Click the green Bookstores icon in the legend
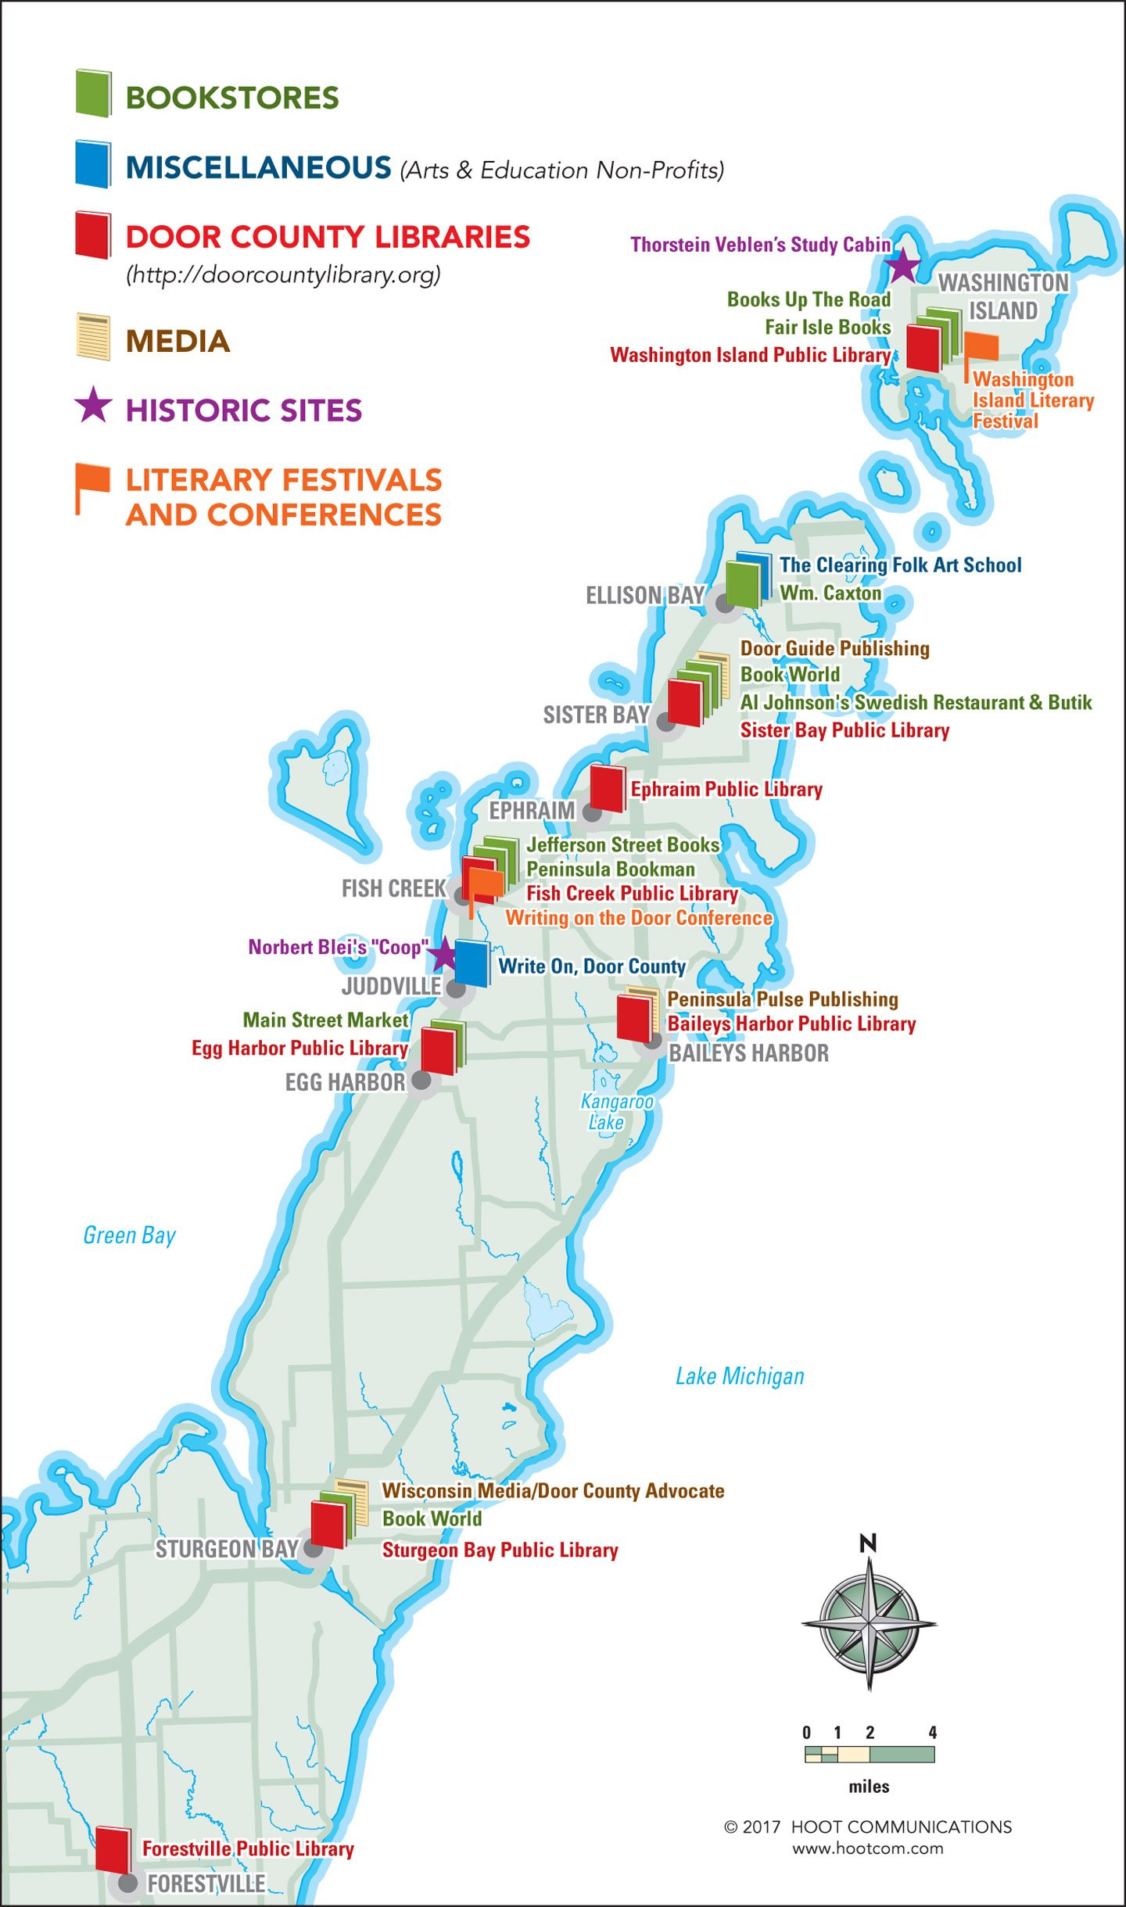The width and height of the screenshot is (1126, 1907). (93, 94)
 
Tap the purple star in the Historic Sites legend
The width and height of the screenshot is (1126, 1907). (93, 405)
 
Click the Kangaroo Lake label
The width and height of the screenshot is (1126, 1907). (616, 1111)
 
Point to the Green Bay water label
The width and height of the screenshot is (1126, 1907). (129, 1235)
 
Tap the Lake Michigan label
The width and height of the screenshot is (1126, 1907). (739, 1376)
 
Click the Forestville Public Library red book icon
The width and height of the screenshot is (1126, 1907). (113, 1849)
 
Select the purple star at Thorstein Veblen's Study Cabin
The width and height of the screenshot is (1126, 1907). (903, 266)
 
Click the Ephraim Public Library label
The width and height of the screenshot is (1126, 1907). (726, 790)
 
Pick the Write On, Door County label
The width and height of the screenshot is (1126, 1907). (592, 966)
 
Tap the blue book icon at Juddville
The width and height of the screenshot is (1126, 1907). (472, 962)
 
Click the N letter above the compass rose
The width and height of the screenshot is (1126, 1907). (868, 1543)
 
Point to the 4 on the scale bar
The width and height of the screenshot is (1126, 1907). (932, 1733)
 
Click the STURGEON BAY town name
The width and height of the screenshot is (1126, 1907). (227, 1549)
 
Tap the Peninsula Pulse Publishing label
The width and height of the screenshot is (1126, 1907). (782, 999)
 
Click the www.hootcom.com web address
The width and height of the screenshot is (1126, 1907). (867, 1849)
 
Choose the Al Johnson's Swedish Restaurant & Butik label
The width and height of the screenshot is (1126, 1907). (916, 702)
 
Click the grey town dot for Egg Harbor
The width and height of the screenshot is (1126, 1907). (421, 1081)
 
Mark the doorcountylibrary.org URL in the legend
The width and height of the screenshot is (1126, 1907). (283, 274)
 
